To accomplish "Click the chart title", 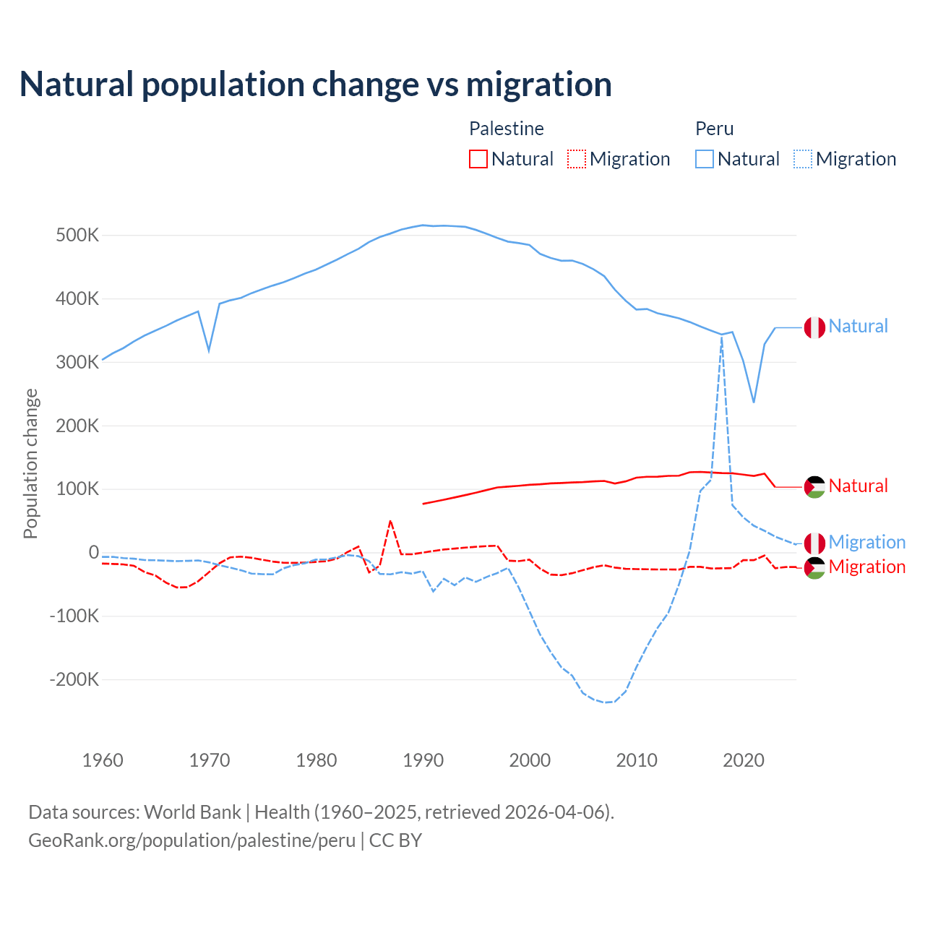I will point(316,85).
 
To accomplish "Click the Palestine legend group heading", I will point(506,129).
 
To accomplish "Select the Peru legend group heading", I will point(714,129).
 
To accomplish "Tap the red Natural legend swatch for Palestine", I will point(478,159).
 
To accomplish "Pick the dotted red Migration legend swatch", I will point(577,159).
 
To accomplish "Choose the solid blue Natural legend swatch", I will point(705,159).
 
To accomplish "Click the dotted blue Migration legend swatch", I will point(803,159).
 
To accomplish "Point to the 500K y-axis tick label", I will point(77,236).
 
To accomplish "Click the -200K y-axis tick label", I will point(74,679).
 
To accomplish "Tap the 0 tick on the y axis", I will point(94,553).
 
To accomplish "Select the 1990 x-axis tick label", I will point(423,760).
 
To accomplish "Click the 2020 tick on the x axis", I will point(744,760).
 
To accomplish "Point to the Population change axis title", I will point(30,463).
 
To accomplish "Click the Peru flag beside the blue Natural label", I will point(814,327).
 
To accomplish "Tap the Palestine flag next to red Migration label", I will point(814,568).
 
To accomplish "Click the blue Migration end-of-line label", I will point(867,542).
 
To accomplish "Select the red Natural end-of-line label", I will point(858,486).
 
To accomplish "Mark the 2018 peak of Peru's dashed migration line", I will point(722,337).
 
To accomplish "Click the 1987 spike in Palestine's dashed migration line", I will point(390,521).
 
